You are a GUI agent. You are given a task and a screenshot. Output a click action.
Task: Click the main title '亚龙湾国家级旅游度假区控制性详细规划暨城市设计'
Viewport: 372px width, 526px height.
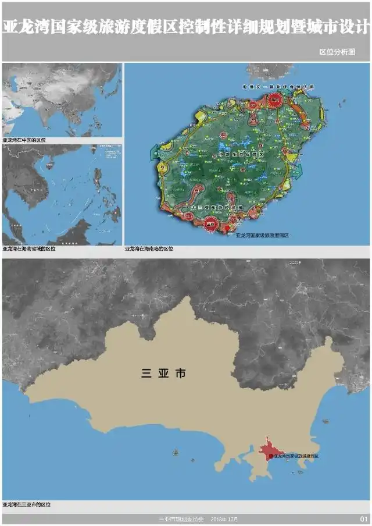pos(186,27)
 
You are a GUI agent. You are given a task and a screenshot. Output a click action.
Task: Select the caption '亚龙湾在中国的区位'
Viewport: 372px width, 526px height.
pos(24,141)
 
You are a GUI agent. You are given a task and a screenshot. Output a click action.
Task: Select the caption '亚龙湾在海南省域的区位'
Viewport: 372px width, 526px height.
pos(29,248)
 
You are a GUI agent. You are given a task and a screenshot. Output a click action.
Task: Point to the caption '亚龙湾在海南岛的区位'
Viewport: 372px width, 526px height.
pos(149,248)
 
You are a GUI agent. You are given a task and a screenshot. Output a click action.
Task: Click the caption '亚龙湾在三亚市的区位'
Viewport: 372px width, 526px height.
pos(27,504)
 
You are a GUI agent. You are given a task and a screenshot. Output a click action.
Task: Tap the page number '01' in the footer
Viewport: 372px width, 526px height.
pos(364,519)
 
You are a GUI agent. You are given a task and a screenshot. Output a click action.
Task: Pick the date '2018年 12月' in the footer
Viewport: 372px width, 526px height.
pos(224,519)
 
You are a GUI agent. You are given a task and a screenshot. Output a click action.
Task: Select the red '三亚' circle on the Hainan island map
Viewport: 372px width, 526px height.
pos(211,223)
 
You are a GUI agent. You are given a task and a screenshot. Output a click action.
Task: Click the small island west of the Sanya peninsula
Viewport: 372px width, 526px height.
pos(175,452)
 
